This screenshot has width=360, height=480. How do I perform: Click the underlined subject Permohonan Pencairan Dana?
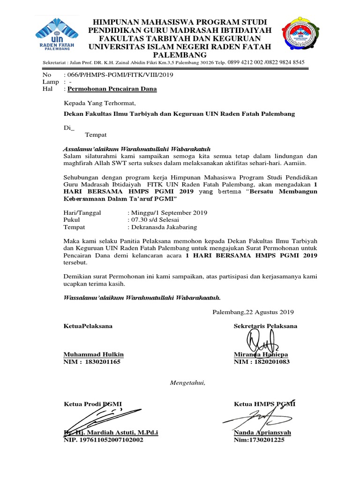(112, 89)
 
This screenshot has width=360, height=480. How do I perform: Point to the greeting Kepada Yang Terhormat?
(99, 103)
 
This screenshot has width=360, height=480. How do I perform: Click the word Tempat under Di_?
(96, 135)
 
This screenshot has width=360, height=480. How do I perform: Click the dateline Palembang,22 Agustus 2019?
(253, 312)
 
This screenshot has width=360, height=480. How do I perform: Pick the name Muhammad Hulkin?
(93, 354)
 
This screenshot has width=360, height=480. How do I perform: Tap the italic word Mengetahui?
(187, 383)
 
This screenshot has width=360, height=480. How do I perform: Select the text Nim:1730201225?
(259, 440)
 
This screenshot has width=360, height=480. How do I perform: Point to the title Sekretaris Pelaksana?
(265, 326)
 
